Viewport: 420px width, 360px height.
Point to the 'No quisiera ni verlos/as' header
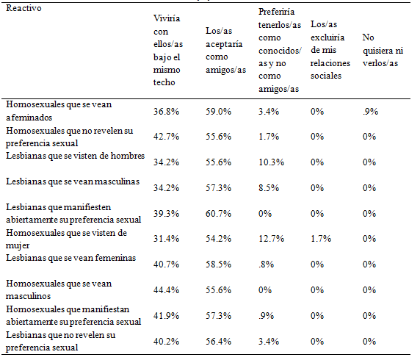pos(381,49)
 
